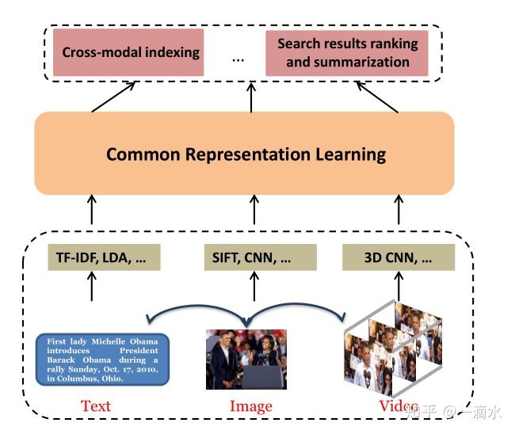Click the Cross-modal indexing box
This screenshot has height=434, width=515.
pos(132,53)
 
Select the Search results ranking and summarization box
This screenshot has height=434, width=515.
pos(347,53)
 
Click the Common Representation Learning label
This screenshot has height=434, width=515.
pos(246,154)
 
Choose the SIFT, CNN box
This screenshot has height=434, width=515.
pos(253,257)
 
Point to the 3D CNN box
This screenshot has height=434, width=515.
pos(399,257)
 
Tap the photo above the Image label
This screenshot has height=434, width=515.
pos(246,359)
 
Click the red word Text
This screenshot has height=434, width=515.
pos(96,406)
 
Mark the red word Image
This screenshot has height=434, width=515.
pos(250,406)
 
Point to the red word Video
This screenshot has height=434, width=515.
pos(398,406)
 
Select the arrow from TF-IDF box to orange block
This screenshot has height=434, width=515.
pos(92,211)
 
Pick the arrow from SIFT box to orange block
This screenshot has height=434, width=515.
pos(253,211)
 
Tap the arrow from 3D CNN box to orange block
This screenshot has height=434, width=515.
pos(400,211)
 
